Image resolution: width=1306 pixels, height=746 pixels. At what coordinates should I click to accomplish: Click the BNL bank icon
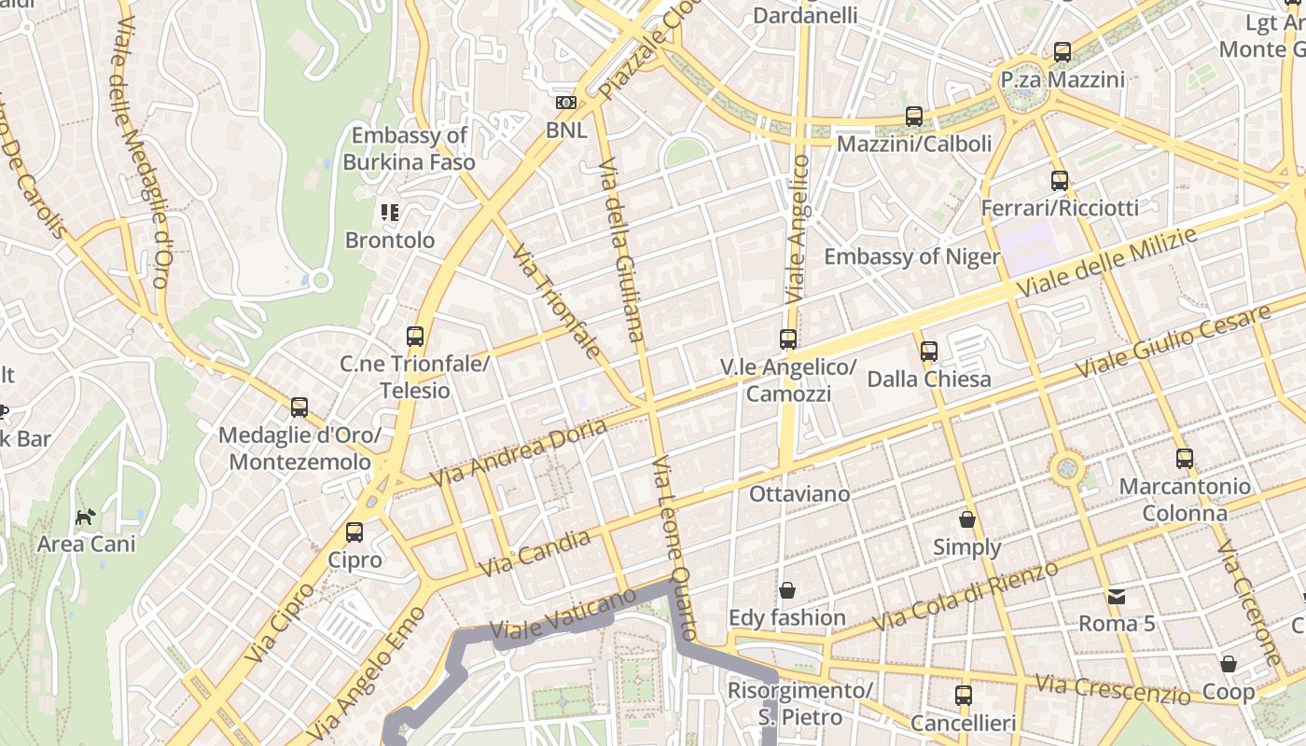pyautogui.click(x=565, y=103)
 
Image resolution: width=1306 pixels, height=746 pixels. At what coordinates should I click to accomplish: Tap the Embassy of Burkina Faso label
pyautogui.click(x=409, y=148)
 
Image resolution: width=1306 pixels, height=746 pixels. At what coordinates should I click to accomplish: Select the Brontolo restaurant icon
pyautogui.click(x=390, y=213)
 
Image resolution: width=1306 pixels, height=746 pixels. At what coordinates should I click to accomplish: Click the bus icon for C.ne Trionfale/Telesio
pyautogui.click(x=415, y=337)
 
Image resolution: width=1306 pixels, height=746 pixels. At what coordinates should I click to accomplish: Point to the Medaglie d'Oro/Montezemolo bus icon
pyautogui.click(x=299, y=408)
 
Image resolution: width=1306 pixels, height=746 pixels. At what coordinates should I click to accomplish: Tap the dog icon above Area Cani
pyautogui.click(x=86, y=517)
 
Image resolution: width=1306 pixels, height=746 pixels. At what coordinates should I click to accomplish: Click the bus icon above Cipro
pyautogui.click(x=354, y=532)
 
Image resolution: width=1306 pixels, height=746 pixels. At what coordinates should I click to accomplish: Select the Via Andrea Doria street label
pyautogui.click(x=518, y=452)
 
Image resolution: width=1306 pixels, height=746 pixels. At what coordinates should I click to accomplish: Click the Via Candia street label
pyautogui.click(x=535, y=553)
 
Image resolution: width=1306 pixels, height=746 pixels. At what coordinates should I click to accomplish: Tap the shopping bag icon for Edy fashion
pyautogui.click(x=787, y=590)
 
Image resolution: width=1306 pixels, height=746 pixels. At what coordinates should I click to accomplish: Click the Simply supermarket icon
pyautogui.click(x=967, y=519)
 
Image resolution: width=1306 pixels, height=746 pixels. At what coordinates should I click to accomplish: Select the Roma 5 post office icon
pyautogui.click(x=1116, y=596)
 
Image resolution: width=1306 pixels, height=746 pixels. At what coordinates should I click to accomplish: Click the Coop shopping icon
pyautogui.click(x=1229, y=664)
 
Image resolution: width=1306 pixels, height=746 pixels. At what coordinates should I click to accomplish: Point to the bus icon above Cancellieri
pyautogui.click(x=964, y=695)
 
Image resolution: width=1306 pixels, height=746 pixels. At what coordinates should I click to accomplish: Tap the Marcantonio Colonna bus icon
pyautogui.click(x=1185, y=458)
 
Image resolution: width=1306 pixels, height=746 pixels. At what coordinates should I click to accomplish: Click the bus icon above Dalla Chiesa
pyautogui.click(x=929, y=352)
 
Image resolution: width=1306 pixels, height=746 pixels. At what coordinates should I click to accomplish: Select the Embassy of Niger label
pyautogui.click(x=911, y=256)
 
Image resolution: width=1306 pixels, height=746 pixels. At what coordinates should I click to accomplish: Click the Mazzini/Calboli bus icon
pyautogui.click(x=914, y=117)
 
